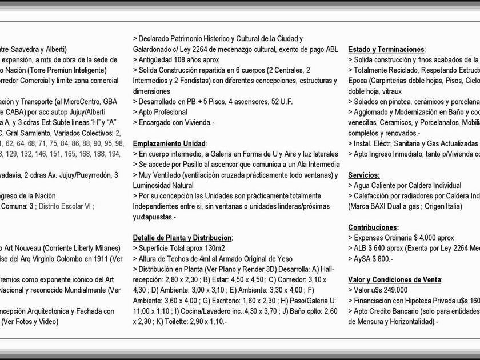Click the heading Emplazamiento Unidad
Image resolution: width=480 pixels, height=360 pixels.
point(169,143)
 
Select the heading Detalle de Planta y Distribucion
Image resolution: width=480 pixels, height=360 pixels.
point(182,237)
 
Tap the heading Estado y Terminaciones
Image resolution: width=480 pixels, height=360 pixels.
point(386,49)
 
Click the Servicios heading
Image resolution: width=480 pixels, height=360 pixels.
point(363,175)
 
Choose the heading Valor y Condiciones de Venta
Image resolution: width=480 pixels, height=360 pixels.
point(394,279)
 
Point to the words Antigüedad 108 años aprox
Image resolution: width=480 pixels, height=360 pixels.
point(178,59)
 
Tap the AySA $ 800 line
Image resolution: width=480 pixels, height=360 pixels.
point(373,259)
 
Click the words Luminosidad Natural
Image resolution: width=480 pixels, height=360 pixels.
point(163,186)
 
